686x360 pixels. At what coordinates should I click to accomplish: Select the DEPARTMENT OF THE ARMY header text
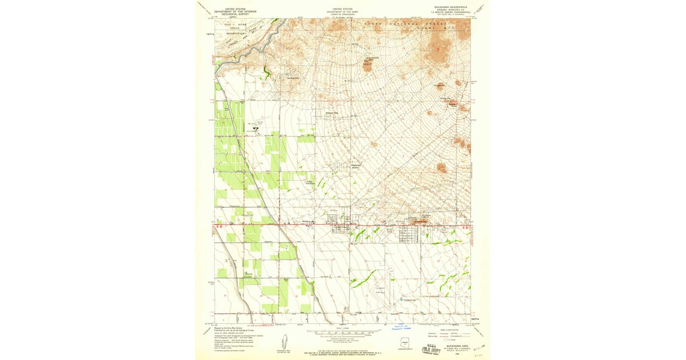(x=343, y=11)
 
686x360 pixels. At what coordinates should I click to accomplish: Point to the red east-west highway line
(x=343, y=225)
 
